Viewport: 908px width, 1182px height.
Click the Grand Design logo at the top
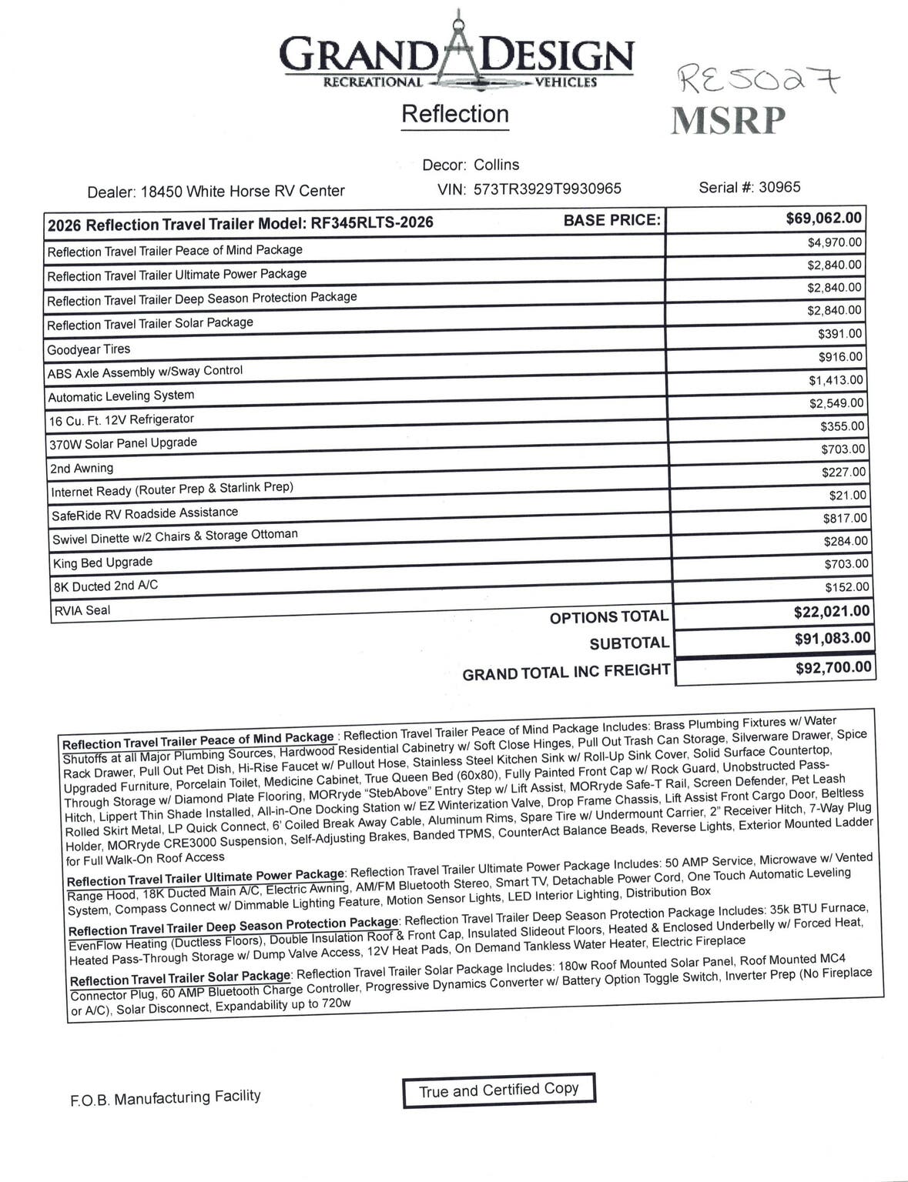456,54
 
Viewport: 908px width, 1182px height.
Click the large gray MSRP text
728,120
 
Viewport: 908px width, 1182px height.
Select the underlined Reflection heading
454,115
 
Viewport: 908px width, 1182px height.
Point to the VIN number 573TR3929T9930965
547,189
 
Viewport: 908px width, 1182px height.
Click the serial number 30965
779,187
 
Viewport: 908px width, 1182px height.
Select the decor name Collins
496,165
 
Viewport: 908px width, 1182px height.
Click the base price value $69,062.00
823,219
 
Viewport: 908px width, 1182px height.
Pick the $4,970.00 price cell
834,243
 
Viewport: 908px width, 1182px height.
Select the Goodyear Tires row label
89,349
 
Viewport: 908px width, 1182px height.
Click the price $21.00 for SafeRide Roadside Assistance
847,496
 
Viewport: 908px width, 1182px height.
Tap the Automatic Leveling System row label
121,396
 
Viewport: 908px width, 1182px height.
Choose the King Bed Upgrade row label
102,563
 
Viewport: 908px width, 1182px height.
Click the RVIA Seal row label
82,611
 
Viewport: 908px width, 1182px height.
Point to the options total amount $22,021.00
831,612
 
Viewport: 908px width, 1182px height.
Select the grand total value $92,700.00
833,667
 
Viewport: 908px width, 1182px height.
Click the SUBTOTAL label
628,643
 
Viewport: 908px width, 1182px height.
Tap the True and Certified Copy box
498,1090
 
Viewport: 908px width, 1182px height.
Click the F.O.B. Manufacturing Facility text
166,1097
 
